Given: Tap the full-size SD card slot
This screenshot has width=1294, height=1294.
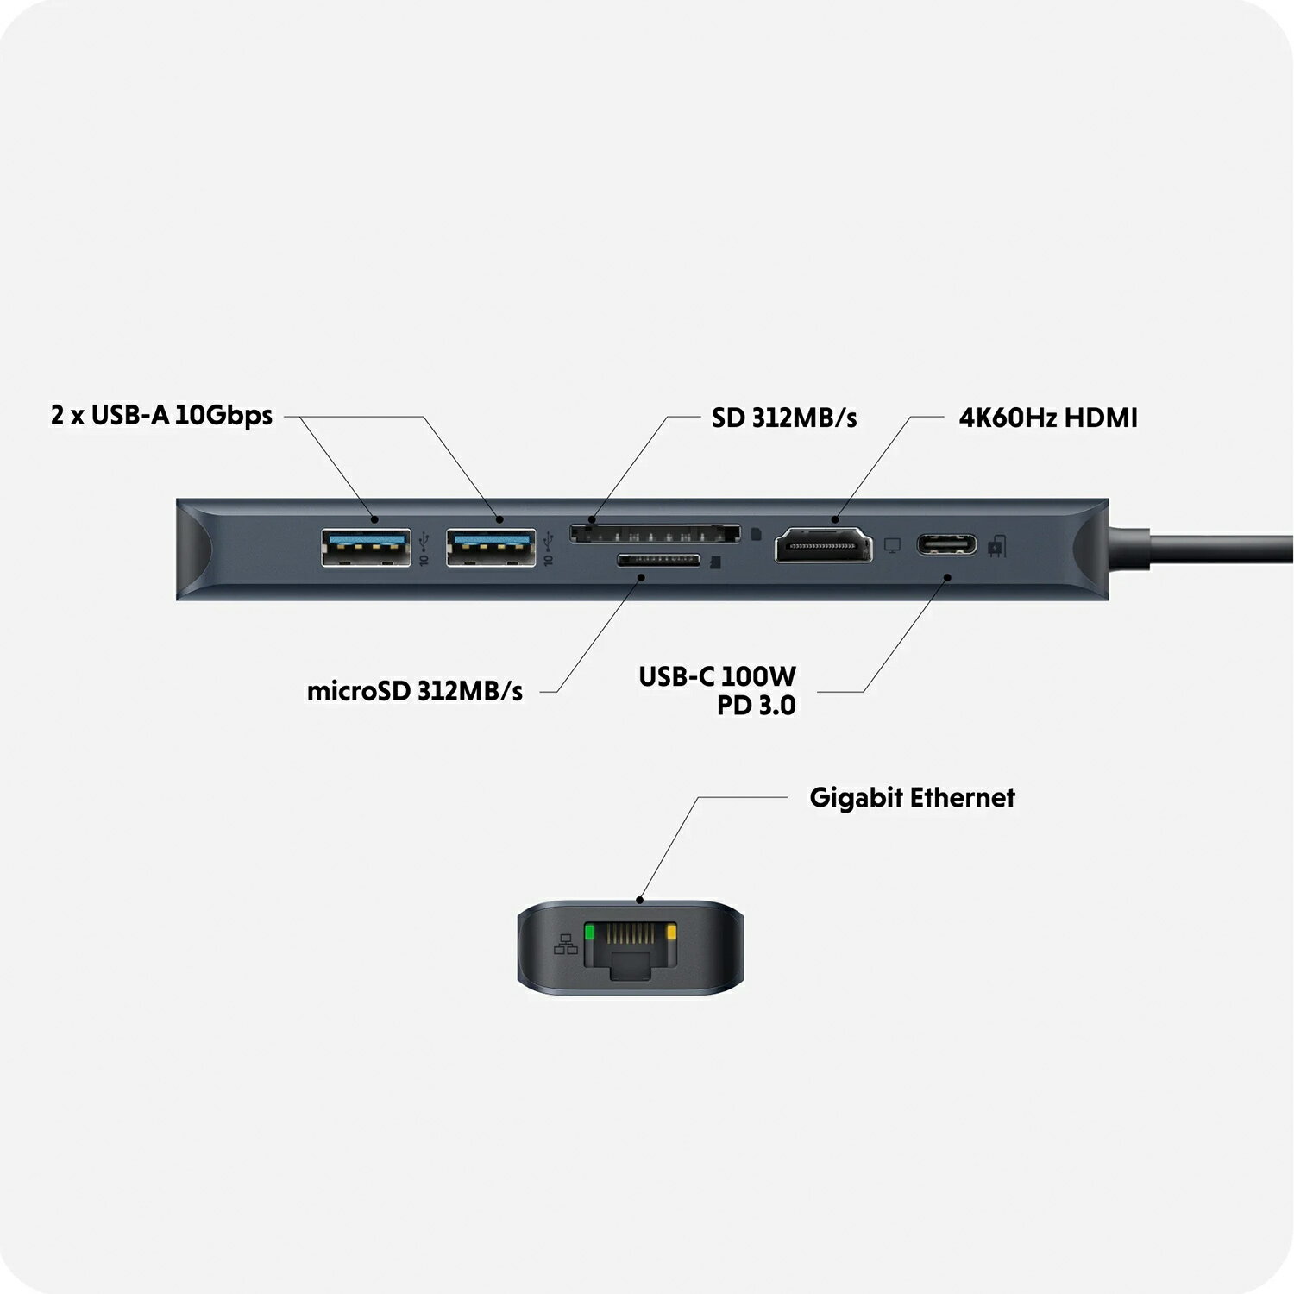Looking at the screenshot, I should click(654, 533).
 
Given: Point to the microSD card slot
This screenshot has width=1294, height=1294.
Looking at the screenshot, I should click(658, 561).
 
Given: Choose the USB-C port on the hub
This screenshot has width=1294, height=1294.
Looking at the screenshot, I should click(946, 545).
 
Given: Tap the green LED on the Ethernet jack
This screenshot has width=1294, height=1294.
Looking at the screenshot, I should click(590, 932).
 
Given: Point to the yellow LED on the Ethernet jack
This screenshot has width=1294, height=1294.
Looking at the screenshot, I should click(672, 932).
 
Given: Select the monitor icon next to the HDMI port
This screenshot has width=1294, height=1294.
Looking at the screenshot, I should click(893, 546).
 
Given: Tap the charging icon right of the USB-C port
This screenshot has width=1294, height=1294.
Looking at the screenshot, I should click(996, 546).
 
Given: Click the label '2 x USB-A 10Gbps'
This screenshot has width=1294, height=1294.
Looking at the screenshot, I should click(161, 416).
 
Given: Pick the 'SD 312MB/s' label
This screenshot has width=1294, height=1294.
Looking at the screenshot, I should click(784, 418).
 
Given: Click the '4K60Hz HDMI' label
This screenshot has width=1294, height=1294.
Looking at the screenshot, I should click(1048, 418).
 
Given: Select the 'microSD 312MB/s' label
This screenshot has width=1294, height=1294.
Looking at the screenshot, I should click(415, 692).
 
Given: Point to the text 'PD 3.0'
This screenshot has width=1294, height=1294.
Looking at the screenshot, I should click(757, 706).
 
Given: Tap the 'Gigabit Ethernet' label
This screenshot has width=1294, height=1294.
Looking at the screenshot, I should click(912, 798).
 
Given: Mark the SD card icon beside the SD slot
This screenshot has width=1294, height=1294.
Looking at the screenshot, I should click(757, 534).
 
